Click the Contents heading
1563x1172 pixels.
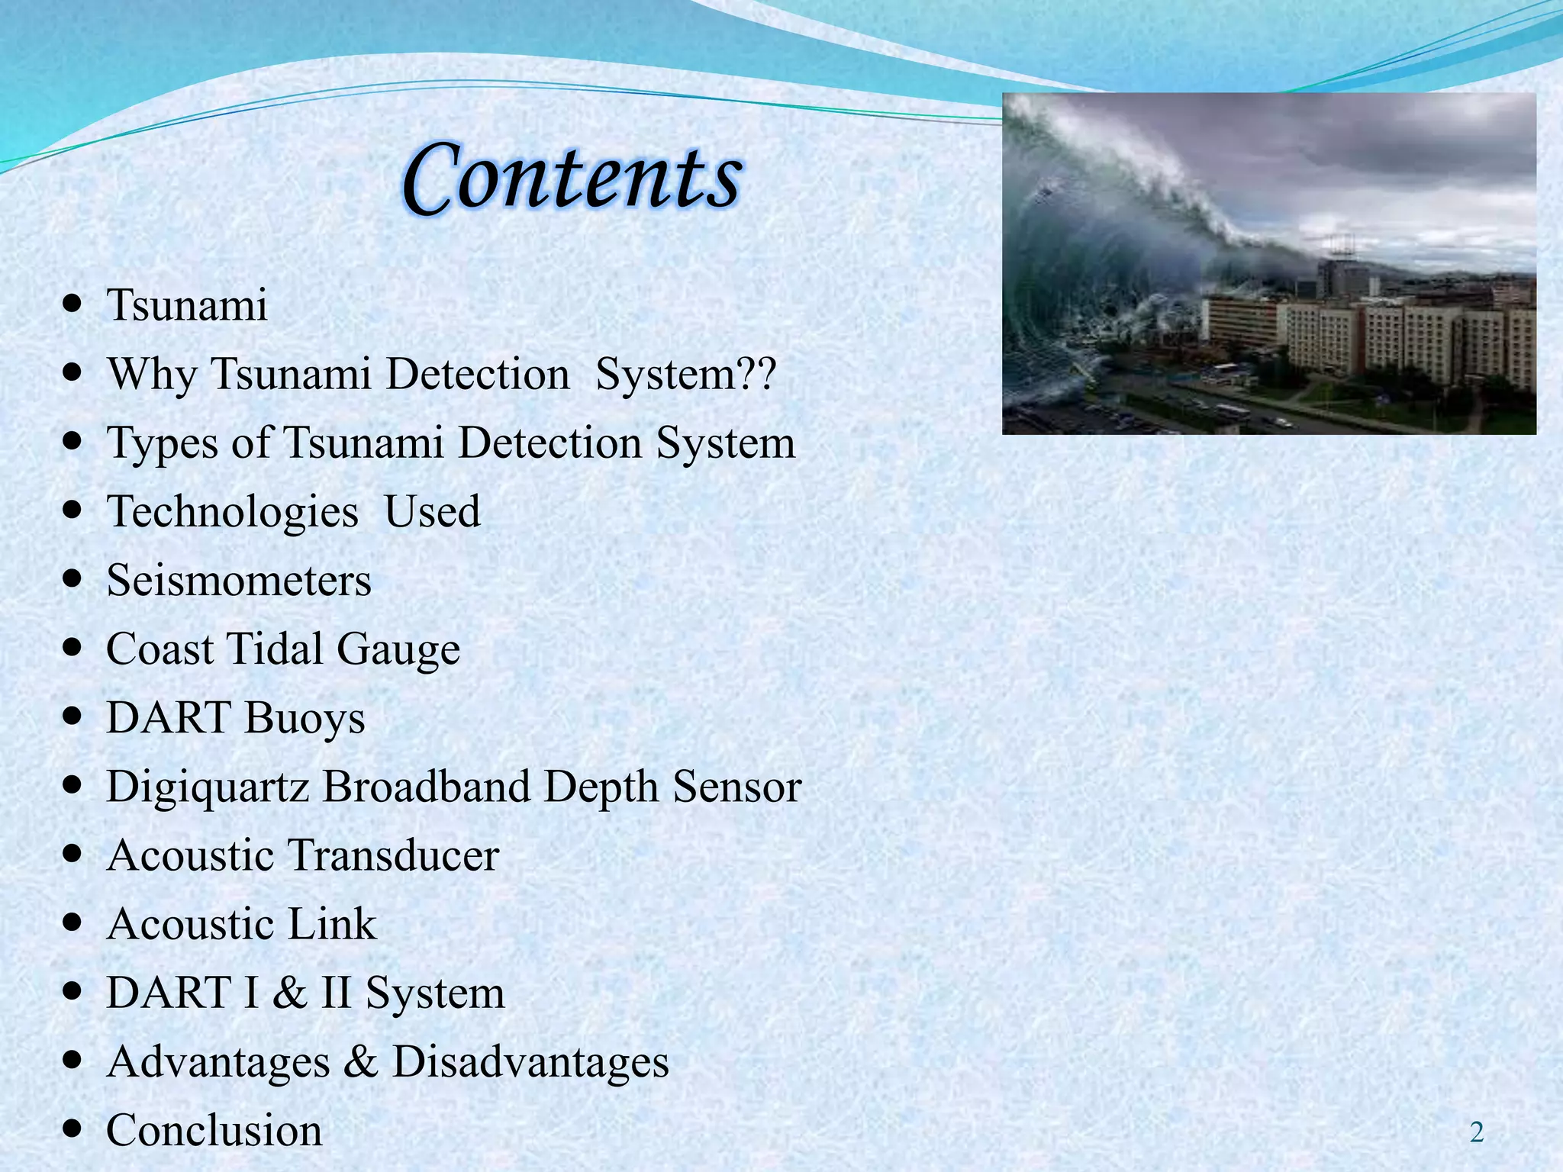571,177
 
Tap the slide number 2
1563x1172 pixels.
1476,1133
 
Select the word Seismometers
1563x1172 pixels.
239,581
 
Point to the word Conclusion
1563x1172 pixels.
214,1130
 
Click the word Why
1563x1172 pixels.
152,375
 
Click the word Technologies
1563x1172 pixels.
232,512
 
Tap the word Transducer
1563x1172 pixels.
392,855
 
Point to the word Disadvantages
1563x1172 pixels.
530,1061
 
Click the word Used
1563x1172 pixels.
432,512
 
